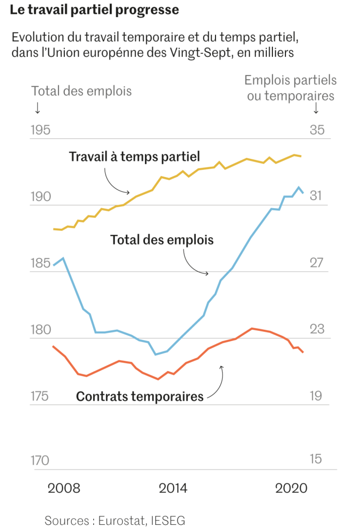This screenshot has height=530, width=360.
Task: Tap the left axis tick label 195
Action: pyautogui.click(x=40, y=130)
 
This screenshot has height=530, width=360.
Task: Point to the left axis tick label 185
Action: pyautogui.click(x=40, y=263)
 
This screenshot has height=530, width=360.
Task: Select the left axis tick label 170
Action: pyautogui.click(x=40, y=460)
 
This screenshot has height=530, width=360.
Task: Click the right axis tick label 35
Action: pyautogui.click(x=316, y=130)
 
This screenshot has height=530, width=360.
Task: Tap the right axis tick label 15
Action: pyautogui.click(x=316, y=459)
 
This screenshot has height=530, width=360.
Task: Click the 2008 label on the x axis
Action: pyautogui.click(x=64, y=489)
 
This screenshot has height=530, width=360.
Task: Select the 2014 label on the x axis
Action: pyautogui.click(x=173, y=489)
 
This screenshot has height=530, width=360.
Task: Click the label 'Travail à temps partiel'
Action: pyautogui.click(x=134, y=157)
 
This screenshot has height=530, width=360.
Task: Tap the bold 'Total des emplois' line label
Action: pyautogui.click(x=162, y=240)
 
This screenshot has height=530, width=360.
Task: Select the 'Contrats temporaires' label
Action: pyautogui.click(x=140, y=397)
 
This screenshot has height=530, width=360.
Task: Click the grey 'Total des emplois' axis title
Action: pyautogui.click(x=81, y=91)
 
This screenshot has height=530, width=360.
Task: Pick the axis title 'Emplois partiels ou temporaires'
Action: pyautogui.click(x=291, y=88)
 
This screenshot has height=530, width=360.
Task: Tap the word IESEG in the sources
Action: pyautogui.click(x=168, y=520)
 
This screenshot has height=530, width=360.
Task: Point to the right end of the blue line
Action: pyautogui.click(x=304, y=193)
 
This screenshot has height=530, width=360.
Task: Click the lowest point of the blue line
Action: pyautogui.click(x=155, y=355)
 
